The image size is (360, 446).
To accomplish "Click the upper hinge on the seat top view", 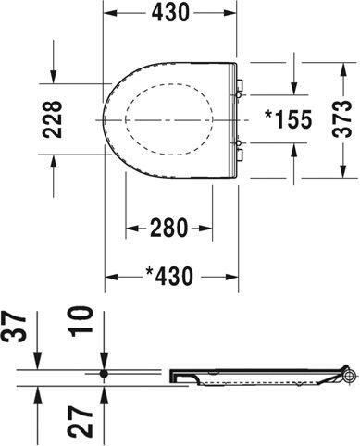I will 241,89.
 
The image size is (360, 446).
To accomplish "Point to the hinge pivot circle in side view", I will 349,374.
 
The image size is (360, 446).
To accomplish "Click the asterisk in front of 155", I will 268,118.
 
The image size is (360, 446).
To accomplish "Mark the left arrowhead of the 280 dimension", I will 130,227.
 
